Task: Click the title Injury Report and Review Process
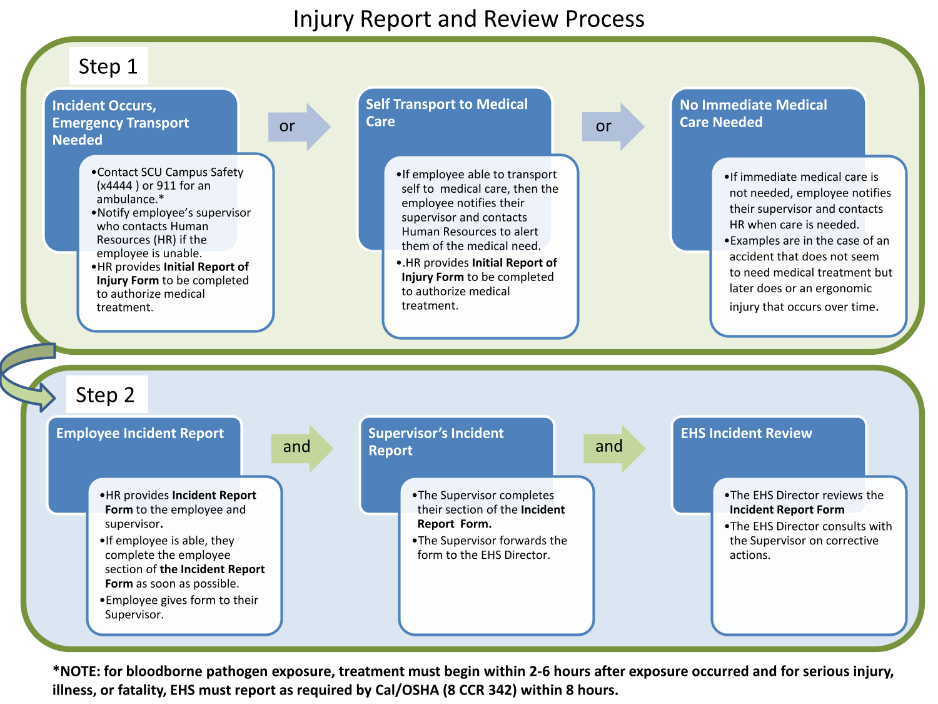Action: [469, 19]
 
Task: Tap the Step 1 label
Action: [108, 66]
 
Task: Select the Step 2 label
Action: [105, 394]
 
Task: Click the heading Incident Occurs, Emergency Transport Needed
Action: [121, 123]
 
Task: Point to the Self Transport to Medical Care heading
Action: [446, 113]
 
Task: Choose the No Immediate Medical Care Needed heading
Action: [753, 113]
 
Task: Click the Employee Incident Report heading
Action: [139, 433]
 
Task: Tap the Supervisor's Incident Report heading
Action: [436, 442]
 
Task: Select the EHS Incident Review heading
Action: [746, 433]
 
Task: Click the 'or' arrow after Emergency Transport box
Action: [299, 126]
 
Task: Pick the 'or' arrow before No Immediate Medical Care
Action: [613, 126]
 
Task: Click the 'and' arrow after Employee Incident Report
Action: [302, 449]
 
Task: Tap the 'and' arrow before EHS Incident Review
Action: [615, 449]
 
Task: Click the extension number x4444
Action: [114, 185]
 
